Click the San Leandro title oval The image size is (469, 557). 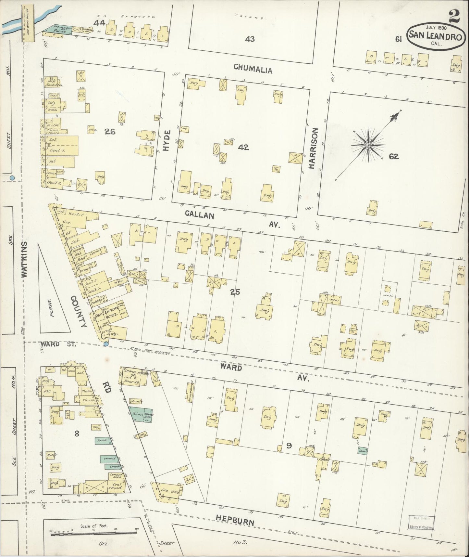click(x=435, y=36)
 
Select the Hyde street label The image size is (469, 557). click(x=167, y=140)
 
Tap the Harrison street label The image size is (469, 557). click(x=312, y=148)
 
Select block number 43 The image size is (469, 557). click(x=250, y=39)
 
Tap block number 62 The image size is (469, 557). click(x=393, y=157)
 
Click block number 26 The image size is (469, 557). click(x=110, y=131)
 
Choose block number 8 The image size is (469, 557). click(x=77, y=433)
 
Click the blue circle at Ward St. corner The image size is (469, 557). click(x=106, y=344)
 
